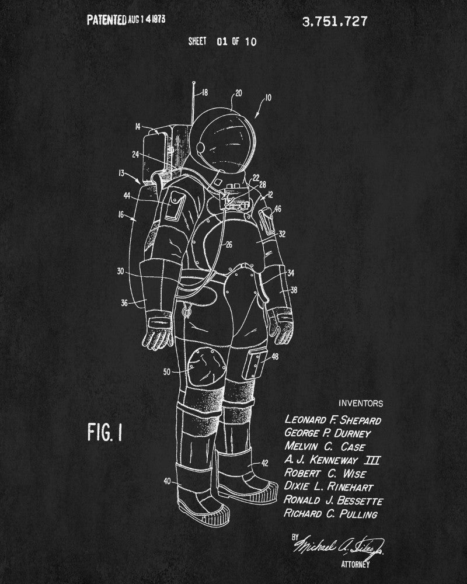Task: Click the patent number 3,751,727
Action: tap(334, 22)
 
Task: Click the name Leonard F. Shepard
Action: tap(333, 420)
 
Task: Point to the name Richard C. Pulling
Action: tap(331, 514)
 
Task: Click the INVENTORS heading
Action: tap(361, 403)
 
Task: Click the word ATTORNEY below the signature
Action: tap(356, 565)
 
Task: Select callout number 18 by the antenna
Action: tap(204, 92)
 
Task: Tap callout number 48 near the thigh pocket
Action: tap(275, 356)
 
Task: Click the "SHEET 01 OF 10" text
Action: tap(222, 41)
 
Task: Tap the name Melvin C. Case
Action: tap(325, 447)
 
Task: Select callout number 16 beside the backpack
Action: tap(121, 215)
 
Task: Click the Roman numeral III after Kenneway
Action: tap(372, 460)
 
